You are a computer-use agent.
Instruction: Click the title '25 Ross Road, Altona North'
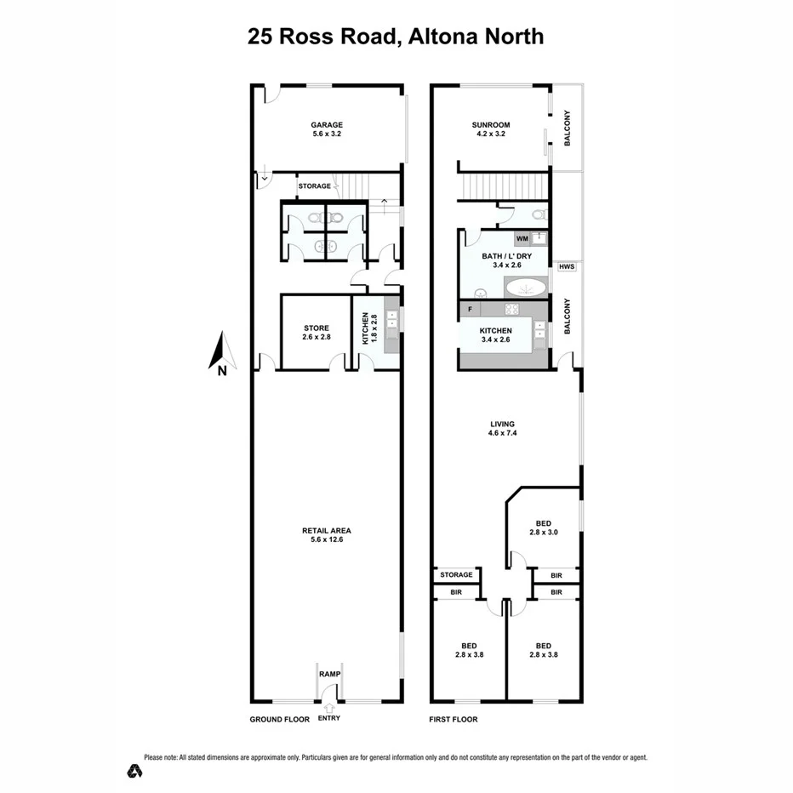396,37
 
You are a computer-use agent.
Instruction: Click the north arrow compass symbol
220,354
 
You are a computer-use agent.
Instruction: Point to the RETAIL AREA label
327,535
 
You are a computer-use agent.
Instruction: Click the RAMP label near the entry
329,674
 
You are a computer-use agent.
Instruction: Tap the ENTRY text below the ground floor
328,719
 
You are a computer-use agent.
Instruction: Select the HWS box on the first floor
567,267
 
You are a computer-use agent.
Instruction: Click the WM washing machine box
522,238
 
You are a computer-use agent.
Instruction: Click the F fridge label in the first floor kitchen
470,307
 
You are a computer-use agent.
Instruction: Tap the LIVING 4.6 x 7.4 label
502,428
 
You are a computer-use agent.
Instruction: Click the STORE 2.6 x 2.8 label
316,333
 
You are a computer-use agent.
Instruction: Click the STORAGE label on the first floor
456,575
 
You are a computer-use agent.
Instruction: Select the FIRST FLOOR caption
454,720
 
